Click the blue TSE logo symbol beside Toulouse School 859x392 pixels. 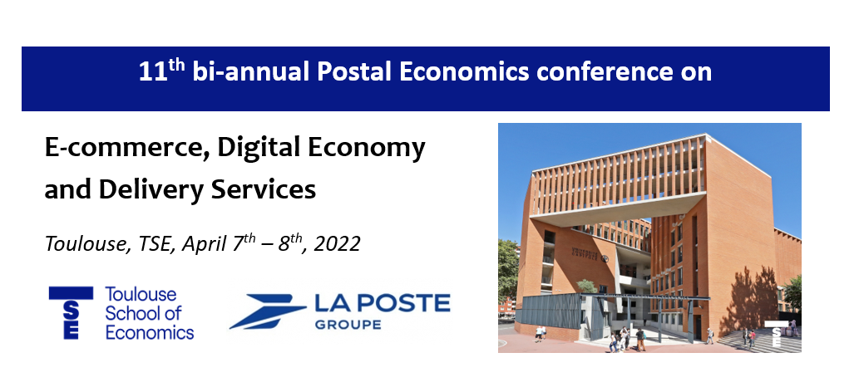click(x=71, y=312)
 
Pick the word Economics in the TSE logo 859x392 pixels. click(x=150, y=332)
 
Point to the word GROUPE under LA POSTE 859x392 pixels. click(x=348, y=325)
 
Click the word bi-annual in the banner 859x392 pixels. click(x=251, y=72)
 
